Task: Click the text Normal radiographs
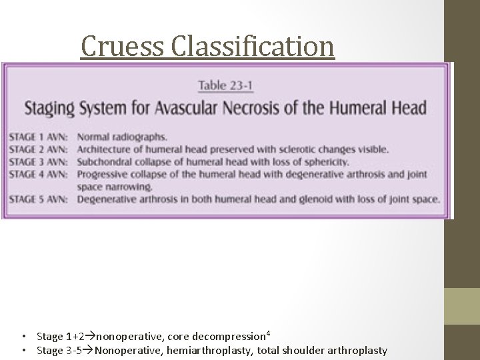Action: [121, 138]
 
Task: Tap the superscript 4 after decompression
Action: [267, 332]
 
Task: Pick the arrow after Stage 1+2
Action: [91, 336]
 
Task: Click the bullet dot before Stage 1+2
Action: [23, 336]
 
